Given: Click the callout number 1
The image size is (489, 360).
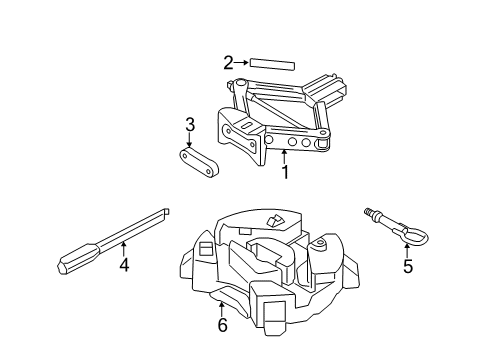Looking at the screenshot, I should click(285, 172).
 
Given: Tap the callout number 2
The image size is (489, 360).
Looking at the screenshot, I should click(229, 63).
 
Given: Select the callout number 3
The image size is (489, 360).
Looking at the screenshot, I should click(188, 125).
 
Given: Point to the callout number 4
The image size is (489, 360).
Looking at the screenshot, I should click(124, 265).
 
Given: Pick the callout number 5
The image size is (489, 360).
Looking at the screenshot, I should click(406, 266).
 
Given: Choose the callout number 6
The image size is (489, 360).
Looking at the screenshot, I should click(221, 324).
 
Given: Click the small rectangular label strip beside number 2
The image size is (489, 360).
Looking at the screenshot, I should click(272, 63).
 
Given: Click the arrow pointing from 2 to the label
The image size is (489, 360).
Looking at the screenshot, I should click(242, 63).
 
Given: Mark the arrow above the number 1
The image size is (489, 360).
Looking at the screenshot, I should click(285, 155).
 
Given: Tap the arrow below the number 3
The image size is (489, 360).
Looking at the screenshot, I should click(189, 141).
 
